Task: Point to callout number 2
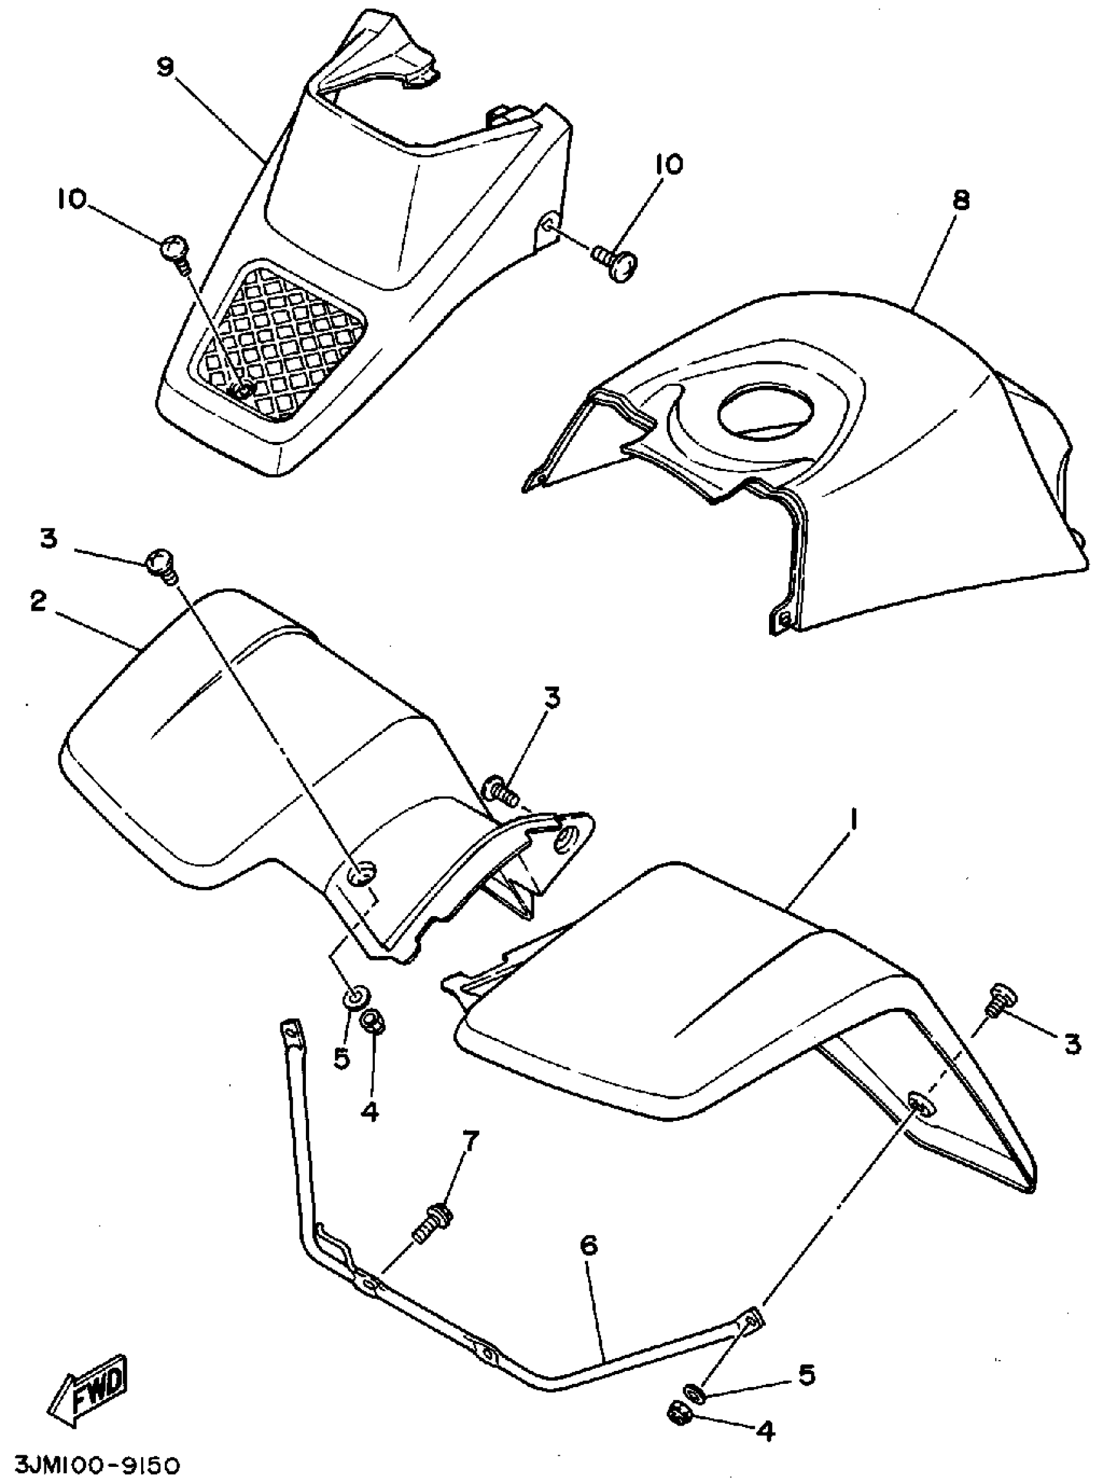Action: pos(38,601)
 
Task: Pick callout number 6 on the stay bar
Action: pos(588,1246)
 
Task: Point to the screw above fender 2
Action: pos(161,566)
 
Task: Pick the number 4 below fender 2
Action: pos(370,1111)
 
